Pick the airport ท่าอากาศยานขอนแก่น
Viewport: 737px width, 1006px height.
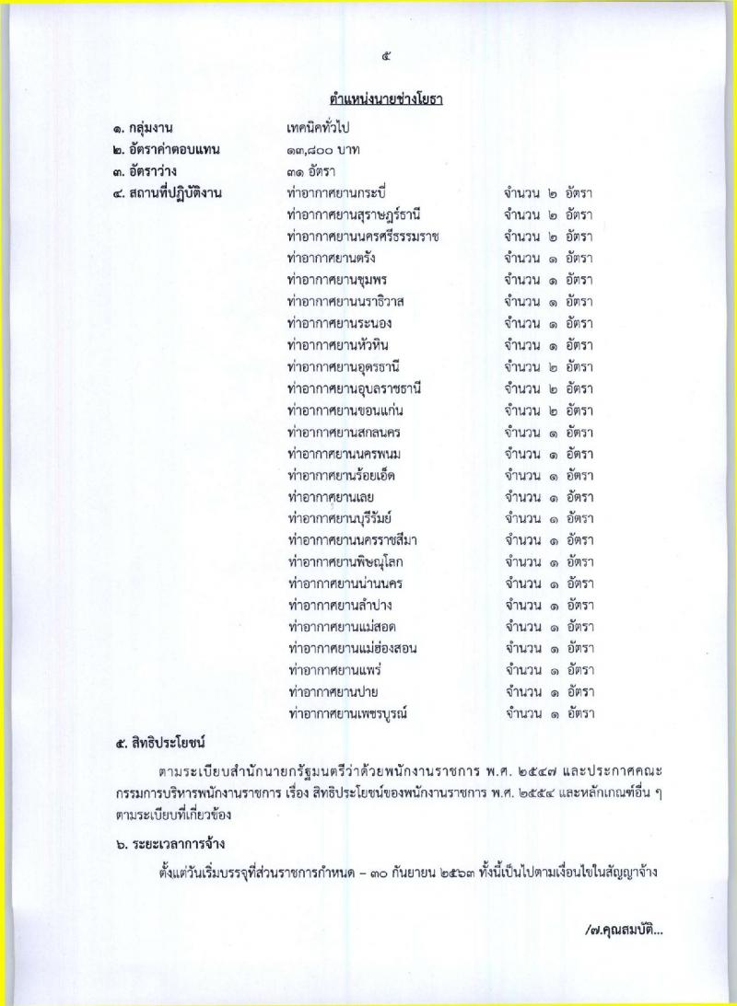click(x=346, y=410)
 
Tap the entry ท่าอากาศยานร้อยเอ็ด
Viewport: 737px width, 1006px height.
click(x=346, y=475)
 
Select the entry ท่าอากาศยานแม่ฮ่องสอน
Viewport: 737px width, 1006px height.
click(x=353, y=648)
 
